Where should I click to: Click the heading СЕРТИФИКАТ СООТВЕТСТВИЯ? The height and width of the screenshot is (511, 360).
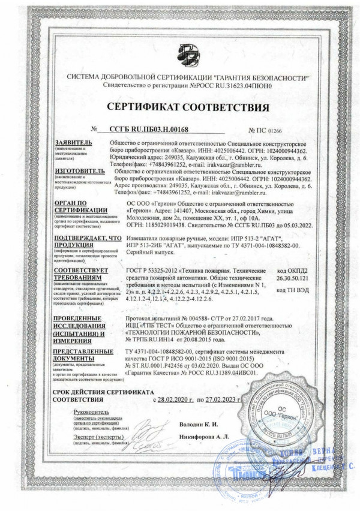(x=180, y=107)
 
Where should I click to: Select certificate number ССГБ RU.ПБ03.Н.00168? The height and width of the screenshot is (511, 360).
(x=149, y=130)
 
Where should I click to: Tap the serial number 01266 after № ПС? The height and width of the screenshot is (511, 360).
(x=273, y=130)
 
